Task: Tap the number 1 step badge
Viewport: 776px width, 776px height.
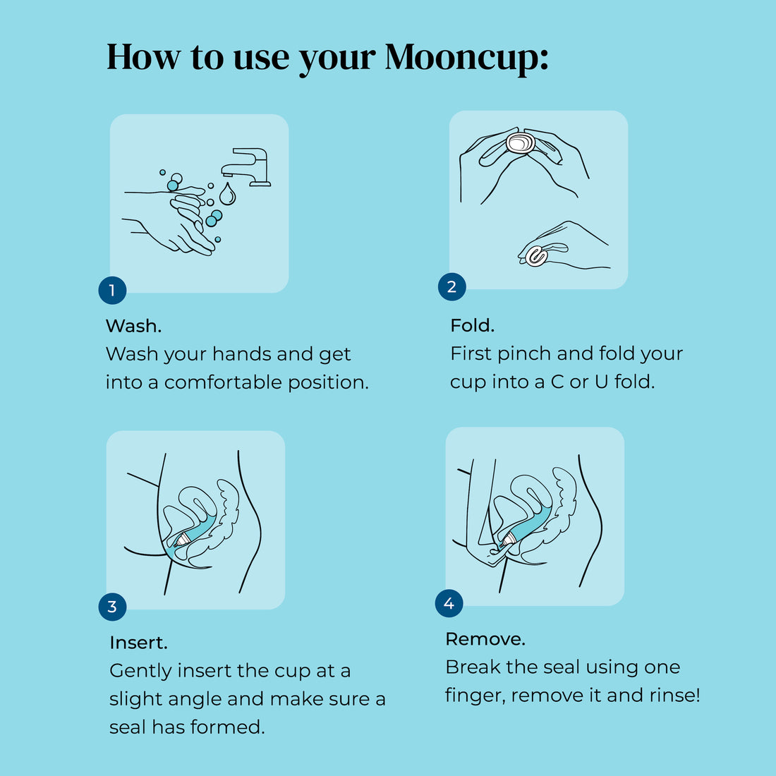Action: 112,290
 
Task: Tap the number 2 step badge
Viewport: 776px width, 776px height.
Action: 451,286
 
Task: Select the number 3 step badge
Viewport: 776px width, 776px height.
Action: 112,607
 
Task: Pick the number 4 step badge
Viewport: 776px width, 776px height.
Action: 449,604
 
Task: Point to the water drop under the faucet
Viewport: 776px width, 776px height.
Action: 227,193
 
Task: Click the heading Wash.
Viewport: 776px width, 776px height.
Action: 133,326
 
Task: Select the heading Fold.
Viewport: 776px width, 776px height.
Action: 472,325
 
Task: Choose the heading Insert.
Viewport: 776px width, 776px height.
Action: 138,643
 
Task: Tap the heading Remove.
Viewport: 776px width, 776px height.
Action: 485,639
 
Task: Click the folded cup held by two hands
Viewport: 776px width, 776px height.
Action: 521,143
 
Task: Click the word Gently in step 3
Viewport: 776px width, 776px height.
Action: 141,672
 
